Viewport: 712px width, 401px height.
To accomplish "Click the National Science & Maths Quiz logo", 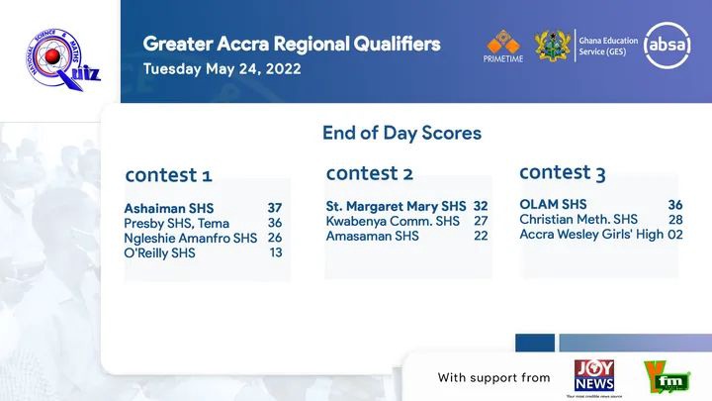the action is click(63, 59).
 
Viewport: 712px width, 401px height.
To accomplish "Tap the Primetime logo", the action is click(503, 46).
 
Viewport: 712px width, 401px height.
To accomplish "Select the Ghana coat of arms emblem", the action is click(553, 46).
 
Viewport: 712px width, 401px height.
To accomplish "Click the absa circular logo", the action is click(667, 45).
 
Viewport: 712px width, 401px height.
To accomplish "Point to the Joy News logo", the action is click(594, 375).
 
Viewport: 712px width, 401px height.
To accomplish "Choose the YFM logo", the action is click(667, 377).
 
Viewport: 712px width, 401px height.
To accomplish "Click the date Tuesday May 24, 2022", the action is click(222, 69).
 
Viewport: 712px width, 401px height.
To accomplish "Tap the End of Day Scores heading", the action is click(401, 133).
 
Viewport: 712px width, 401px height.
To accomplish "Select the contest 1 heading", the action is click(168, 175).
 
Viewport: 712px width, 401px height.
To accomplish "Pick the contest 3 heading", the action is click(563, 172).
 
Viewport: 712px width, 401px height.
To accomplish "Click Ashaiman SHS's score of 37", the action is click(275, 208).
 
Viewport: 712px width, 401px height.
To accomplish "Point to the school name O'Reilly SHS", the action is click(159, 252).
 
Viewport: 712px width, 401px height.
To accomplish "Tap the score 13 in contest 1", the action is click(276, 252).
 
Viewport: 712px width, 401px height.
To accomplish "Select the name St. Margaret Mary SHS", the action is click(396, 206).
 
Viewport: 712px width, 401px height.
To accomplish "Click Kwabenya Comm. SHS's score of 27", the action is click(481, 221).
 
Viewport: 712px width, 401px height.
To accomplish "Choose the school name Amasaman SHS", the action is click(373, 236).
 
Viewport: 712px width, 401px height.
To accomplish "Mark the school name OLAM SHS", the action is click(553, 204).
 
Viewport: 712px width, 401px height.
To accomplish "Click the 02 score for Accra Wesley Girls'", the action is click(675, 235).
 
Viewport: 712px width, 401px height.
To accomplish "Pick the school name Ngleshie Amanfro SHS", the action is click(190, 239).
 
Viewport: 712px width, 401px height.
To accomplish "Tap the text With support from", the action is click(494, 377).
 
